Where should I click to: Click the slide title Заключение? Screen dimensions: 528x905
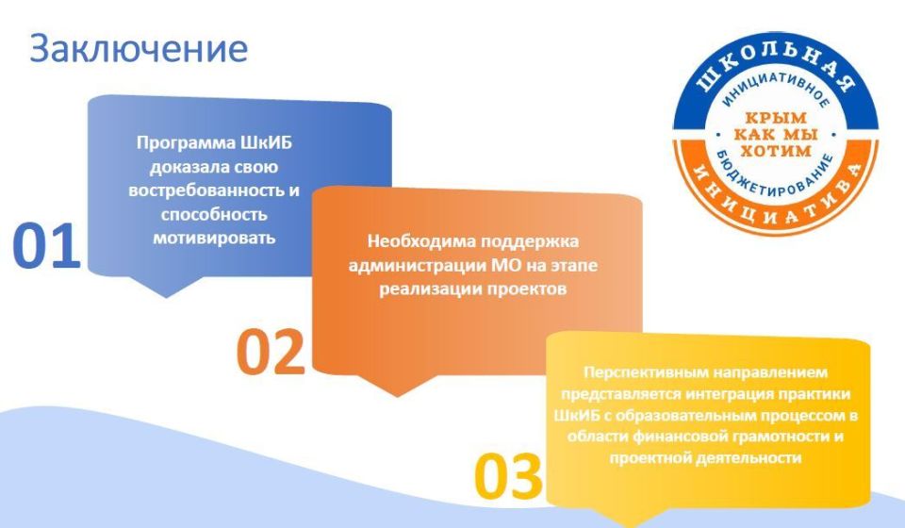point(139,49)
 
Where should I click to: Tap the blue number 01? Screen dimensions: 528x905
point(46,247)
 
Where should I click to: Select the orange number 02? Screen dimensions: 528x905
point(271,352)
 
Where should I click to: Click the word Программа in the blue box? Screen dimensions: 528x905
point(175,144)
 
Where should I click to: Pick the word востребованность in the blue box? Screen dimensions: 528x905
point(205,190)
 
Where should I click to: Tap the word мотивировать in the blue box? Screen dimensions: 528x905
point(215,237)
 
